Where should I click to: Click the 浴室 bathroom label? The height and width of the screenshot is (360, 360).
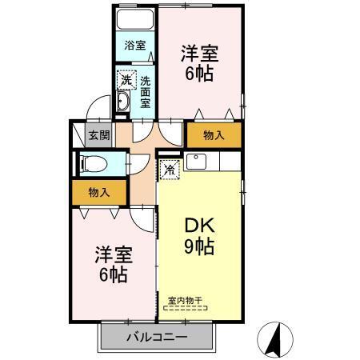134,46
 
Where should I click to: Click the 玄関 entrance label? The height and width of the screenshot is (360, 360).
99,135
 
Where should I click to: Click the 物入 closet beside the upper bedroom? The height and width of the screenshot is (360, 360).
214,135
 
